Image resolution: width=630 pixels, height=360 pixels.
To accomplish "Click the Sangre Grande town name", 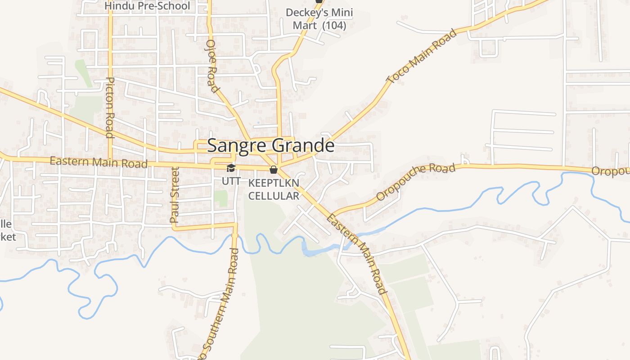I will pyautogui.click(x=270, y=146).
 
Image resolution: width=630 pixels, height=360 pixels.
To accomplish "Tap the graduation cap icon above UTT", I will pyautogui.click(x=231, y=168).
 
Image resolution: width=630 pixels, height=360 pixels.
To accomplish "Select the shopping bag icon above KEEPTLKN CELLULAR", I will pyautogui.click(x=273, y=170).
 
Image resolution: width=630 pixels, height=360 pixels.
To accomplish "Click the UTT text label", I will pyautogui.click(x=231, y=181).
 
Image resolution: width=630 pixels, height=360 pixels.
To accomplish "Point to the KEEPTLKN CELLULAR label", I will pyautogui.click(x=274, y=189).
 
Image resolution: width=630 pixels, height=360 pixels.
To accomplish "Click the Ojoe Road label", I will pyautogui.click(x=212, y=66).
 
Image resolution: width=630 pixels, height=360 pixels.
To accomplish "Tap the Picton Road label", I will pyautogui.click(x=110, y=107).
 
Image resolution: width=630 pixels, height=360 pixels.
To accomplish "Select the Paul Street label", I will pyautogui.click(x=175, y=195).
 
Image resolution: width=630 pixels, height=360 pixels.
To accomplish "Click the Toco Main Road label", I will pyautogui.click(x=422, y=57).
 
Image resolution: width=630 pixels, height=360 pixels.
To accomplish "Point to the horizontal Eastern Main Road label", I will pyautogui.click(x=99, y=162).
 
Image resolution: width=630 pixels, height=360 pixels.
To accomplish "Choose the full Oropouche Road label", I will pyautogui.click(x=416, y=182).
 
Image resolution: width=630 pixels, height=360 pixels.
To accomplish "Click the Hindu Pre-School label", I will pyautogui.click(x=147, y=6).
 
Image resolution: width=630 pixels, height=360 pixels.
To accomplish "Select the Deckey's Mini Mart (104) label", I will pyautogui.click(x=319, y=19).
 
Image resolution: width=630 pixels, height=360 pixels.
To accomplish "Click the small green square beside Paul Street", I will pyautogui.click(x=220, y=198).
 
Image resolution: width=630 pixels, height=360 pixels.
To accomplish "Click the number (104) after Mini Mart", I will pyautogui.click(x=334, y=25).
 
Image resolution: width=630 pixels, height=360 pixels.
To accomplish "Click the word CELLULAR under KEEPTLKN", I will pyautogui.click(x=274, y=196).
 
